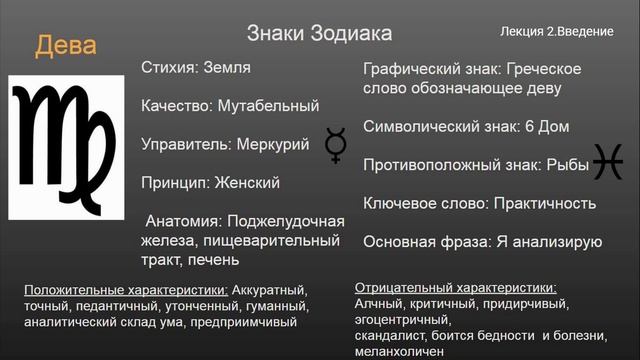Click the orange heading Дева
(x=66, y=47)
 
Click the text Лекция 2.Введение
(x=557, y=32)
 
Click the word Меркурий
(x=276, y=144)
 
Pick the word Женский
(x=247, y=182)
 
